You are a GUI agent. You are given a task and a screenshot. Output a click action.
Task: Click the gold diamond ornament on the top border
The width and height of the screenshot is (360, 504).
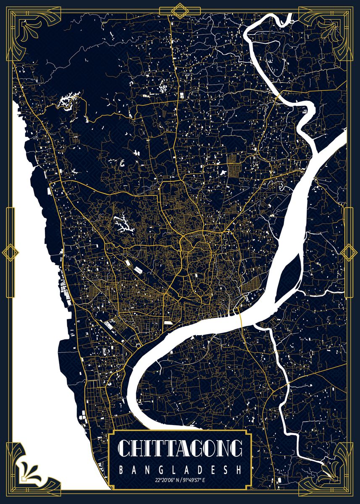pyautogui.click(x=180, y=10)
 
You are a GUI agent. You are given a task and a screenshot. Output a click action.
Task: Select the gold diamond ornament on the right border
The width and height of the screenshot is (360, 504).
pyautogui.click(x=349, y=252)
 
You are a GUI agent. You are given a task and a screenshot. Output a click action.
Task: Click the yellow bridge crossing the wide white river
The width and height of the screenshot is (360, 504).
pyautogui.click(x=241, y=317)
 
